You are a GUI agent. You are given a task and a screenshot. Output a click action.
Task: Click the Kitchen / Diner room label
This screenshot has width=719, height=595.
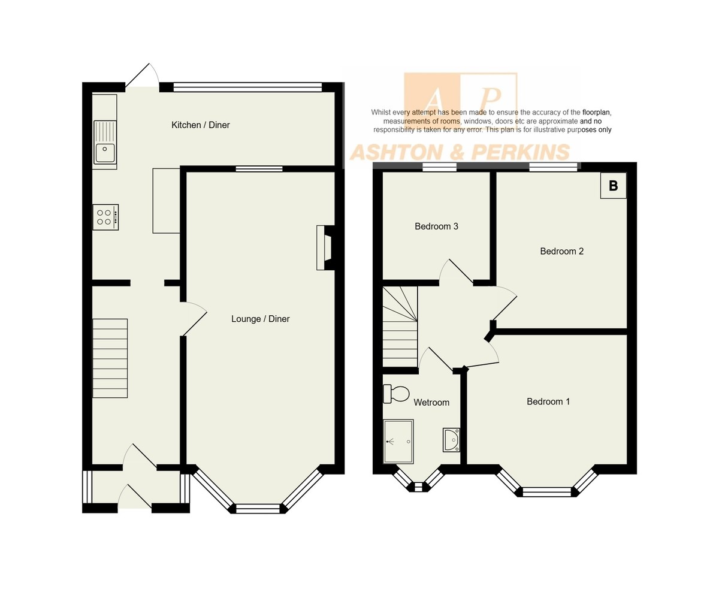(200, 125)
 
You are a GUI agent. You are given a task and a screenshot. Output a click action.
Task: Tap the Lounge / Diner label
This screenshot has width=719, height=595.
(260, 319)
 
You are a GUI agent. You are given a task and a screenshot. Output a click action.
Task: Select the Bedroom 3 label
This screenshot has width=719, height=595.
(436, 226)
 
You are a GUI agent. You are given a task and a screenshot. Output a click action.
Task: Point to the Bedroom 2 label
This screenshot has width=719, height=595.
(561, 251)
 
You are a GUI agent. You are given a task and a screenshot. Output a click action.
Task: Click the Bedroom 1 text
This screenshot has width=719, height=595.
(548, 401)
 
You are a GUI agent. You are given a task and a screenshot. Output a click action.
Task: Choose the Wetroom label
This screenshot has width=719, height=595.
(431, 403)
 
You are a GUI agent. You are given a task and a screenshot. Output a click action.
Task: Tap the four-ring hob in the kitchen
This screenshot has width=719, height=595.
(105, 218)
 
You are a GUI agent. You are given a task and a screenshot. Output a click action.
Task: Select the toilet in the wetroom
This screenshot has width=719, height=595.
(396, 394)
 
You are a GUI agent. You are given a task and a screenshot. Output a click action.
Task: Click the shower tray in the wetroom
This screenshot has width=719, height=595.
(398, 442)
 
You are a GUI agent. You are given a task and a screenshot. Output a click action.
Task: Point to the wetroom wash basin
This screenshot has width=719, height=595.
(451, 440)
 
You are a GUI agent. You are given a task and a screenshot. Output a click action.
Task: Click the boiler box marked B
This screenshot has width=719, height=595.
(614, 186)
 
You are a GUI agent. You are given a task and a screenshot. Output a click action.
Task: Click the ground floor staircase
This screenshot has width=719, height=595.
(110, 358)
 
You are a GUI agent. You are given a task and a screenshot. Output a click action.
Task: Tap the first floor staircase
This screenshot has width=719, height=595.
(400, 327)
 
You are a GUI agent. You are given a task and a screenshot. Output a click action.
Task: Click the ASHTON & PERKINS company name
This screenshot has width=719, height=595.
(460, 152)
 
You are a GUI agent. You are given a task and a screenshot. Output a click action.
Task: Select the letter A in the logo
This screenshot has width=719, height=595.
(433, 99)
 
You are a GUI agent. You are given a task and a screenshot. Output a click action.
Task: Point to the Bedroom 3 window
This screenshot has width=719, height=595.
(439, 167)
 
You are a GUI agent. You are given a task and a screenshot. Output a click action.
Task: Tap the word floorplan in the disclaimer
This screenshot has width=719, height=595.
(596, 112)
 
